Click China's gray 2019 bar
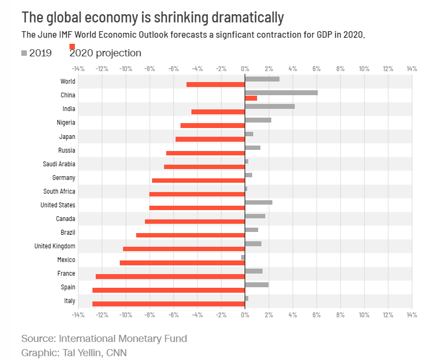[281, 92]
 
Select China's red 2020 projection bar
[251, 98]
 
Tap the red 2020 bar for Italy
[168, 304]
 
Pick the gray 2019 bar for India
[270, 106]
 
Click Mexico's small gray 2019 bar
[243, 257]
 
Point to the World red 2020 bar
[215, 84]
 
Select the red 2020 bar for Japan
[210, 139]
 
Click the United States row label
[58, 205]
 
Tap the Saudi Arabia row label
[59, 164]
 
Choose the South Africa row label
[59, 191]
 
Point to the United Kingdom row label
[55, 246]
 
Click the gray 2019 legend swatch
[24, 53]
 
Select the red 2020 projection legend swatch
[72, 47]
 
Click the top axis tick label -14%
[78, 69]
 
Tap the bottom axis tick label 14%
[411, 315]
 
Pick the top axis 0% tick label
[244, 69]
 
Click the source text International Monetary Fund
[123, 339]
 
